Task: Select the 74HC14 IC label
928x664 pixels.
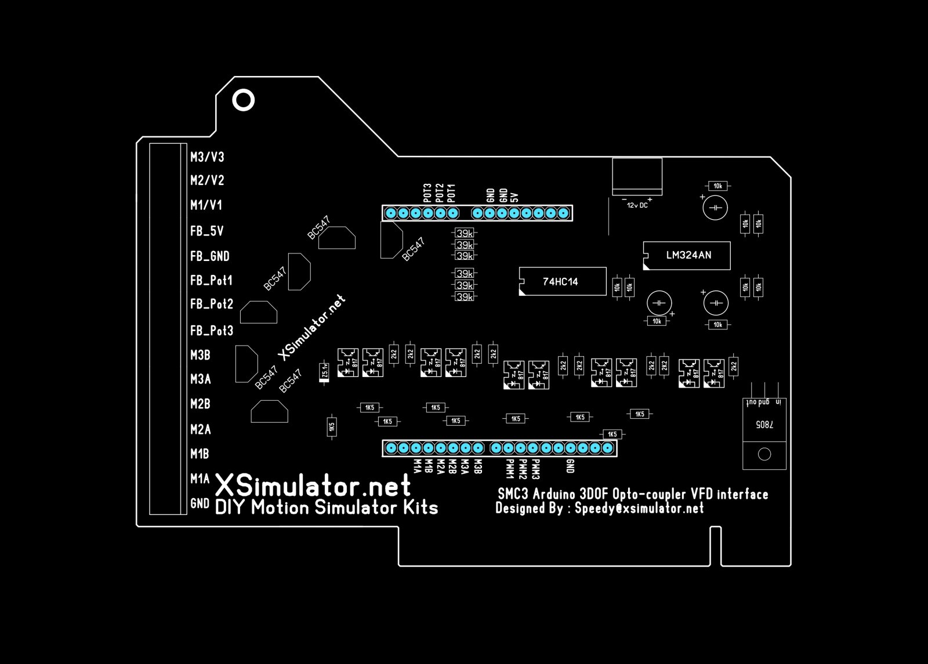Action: point(560,282)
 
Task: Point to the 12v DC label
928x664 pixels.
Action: point(637,205)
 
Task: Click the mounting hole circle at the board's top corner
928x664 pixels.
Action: point(244,100)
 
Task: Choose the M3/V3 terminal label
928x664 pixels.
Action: point(207,157)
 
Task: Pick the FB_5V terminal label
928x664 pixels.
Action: point(206,231)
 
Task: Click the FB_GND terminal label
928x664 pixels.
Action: point(209,256)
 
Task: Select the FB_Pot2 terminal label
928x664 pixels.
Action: point(211,304)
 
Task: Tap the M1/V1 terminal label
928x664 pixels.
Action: point(206,205)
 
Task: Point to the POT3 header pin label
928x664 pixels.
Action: point(427,193)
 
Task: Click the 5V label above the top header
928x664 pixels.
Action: point(514,196)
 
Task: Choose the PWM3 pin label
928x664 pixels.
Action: point(536,469)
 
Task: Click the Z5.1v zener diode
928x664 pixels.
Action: point(325,372)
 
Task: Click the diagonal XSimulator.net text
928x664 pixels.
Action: point(312,328)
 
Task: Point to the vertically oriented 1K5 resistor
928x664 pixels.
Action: point(332,427)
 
